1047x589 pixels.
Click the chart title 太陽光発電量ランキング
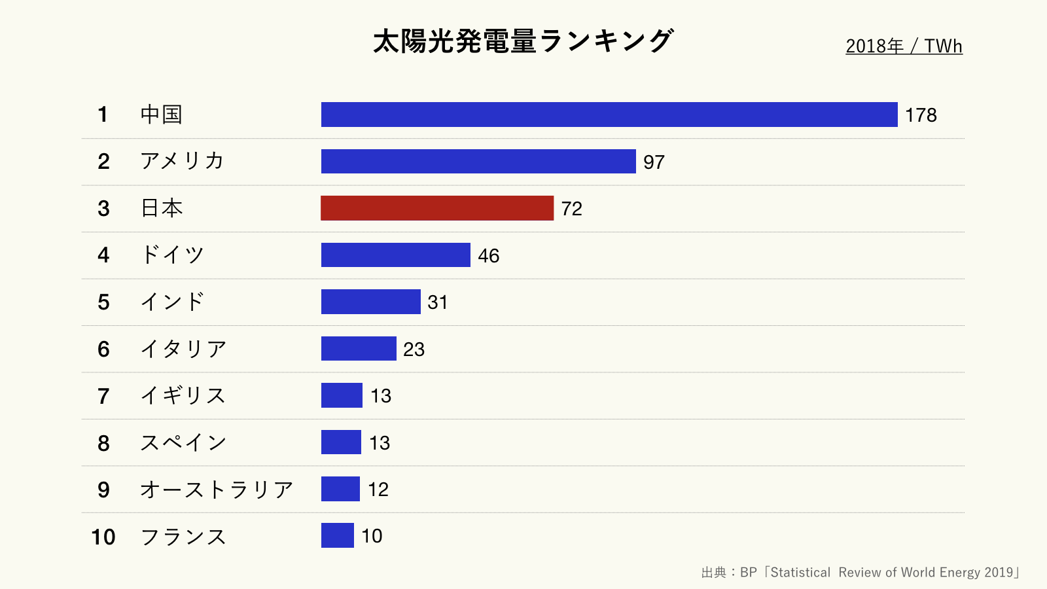click(523, 41)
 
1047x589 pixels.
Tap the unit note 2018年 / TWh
click(904, 46)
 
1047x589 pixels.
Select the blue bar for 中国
click(609, 115)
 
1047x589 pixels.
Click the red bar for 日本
click(437, 208)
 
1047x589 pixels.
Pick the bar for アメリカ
click(478, 162)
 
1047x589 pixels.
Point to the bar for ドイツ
click(395, 255)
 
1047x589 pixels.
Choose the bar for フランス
click(337, 535)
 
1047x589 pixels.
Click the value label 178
click(921, 115)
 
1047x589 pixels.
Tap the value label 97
click(654, 162)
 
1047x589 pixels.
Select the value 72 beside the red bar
click(571, 209)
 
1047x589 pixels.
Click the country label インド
click(173, 302)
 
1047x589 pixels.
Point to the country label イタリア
click(183, 349)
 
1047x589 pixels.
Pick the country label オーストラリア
click(217, 490)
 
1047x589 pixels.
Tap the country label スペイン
click(183, 442)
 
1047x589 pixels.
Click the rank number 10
click(103, 537)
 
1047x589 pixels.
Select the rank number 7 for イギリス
click(103, 396)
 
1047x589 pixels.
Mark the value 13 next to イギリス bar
click(380, 396)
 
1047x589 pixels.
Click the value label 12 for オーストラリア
click(378, 490)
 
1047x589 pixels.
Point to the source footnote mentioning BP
click(860, 573)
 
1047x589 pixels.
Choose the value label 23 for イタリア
click(414, 349)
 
